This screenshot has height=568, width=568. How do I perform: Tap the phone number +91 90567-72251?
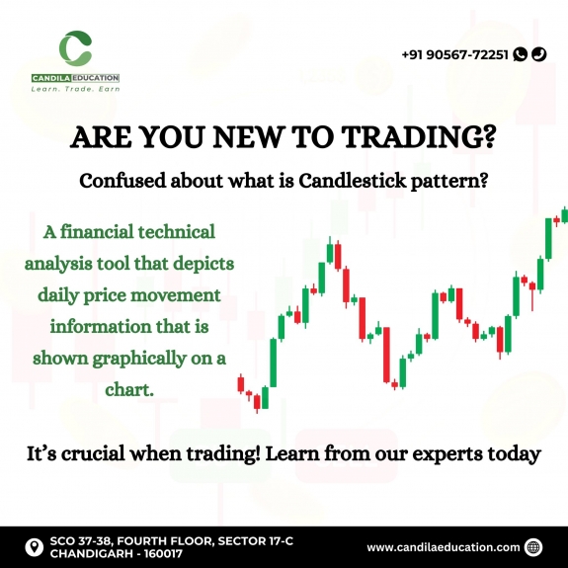(x=455, y=54)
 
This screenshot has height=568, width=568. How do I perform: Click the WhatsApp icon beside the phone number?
(x=521, y=54)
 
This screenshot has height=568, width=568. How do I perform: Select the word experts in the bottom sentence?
(x=442, y=455)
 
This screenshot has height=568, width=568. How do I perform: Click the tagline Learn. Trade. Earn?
(x=75, y=89)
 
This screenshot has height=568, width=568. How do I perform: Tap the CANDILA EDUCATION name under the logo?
(x=75, y=77)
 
